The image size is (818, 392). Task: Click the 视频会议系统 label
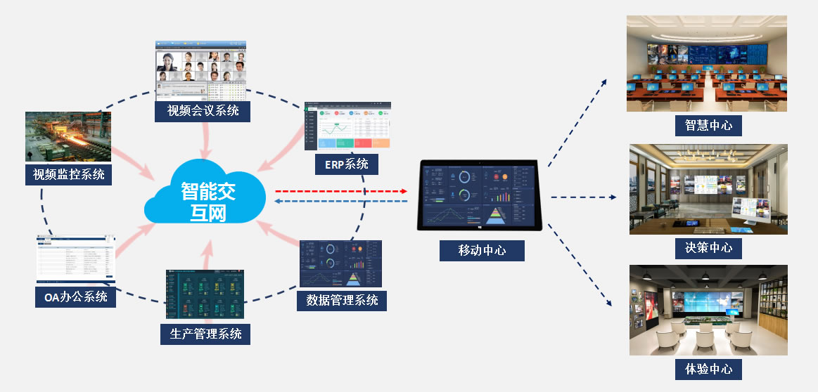pyautogui.click(x=203, y=111)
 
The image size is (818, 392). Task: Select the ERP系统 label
pyautogui.click(x=347, y=164)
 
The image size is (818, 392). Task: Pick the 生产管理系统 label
pyautogui.click(x=205, y=333)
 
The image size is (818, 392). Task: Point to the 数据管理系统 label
pyautogui.click(x=343, y=300)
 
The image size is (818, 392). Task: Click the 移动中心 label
pyautogui.click(x=482, y=250)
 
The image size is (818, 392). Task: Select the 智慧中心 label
pyautogui.click(x=708, y=125)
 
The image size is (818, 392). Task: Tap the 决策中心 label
pyautogui.click(x=708, y=247)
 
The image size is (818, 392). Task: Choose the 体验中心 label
pyautogui.click(x=708, y=368)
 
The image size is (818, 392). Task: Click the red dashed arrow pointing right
pyautogui.click(x=341, y=190)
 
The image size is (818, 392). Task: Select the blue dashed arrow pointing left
pyautogui.click(x=341, y=202)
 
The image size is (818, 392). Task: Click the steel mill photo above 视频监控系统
pyautogui.click(x=68, y=136)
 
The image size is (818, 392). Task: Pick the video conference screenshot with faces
pyautogui.click(x=200, y=70)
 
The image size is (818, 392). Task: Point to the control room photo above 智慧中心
pyautogui.click(x=707, y=64)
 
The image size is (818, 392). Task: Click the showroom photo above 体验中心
pyautogui.click(x=708, y=310)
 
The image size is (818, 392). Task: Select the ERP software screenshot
pyautogui.click(x=347, y=126)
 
